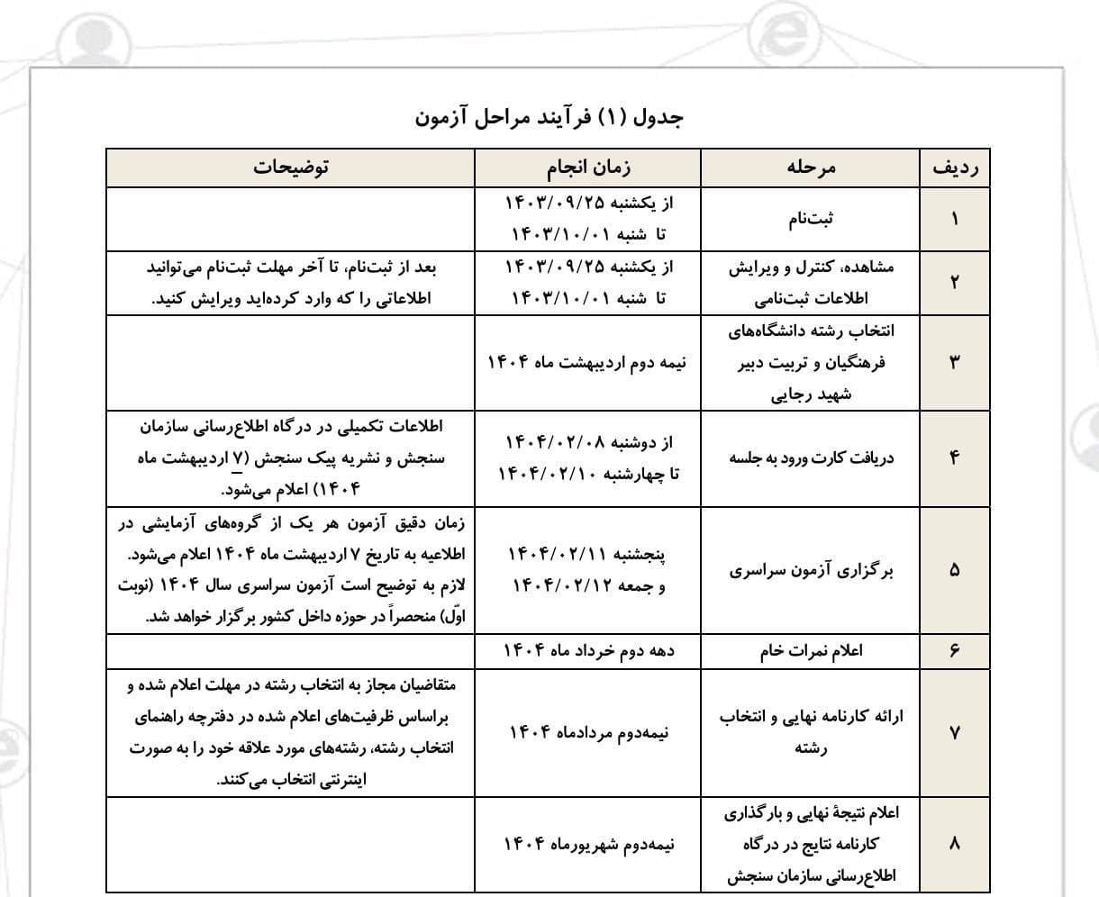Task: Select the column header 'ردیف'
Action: coord(955,168)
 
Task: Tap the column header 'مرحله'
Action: coord(811,168)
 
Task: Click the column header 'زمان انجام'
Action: coord(588,168)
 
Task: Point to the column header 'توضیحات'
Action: coord(291,168)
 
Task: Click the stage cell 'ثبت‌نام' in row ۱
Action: coord(811,219)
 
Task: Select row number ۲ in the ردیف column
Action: coord(955,282)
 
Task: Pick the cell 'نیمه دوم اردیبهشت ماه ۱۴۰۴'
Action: coord(587,362)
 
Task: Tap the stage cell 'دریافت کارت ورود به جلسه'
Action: coord(811,458)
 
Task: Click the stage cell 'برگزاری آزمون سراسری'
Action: coord(811,570)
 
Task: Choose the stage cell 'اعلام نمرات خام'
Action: coord(811,650)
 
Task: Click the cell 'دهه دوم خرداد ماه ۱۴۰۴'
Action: coord(588,650)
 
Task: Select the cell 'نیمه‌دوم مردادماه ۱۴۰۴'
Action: coord(588,732)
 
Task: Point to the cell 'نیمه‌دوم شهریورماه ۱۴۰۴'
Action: coord(588,844)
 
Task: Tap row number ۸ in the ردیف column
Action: coord(955,844)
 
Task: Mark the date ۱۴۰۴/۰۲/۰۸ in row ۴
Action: coord(550,442)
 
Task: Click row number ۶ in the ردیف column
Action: coord(955,650)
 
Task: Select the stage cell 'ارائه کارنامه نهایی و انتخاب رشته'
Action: coord(811,732)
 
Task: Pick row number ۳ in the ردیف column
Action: coord(955,362)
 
